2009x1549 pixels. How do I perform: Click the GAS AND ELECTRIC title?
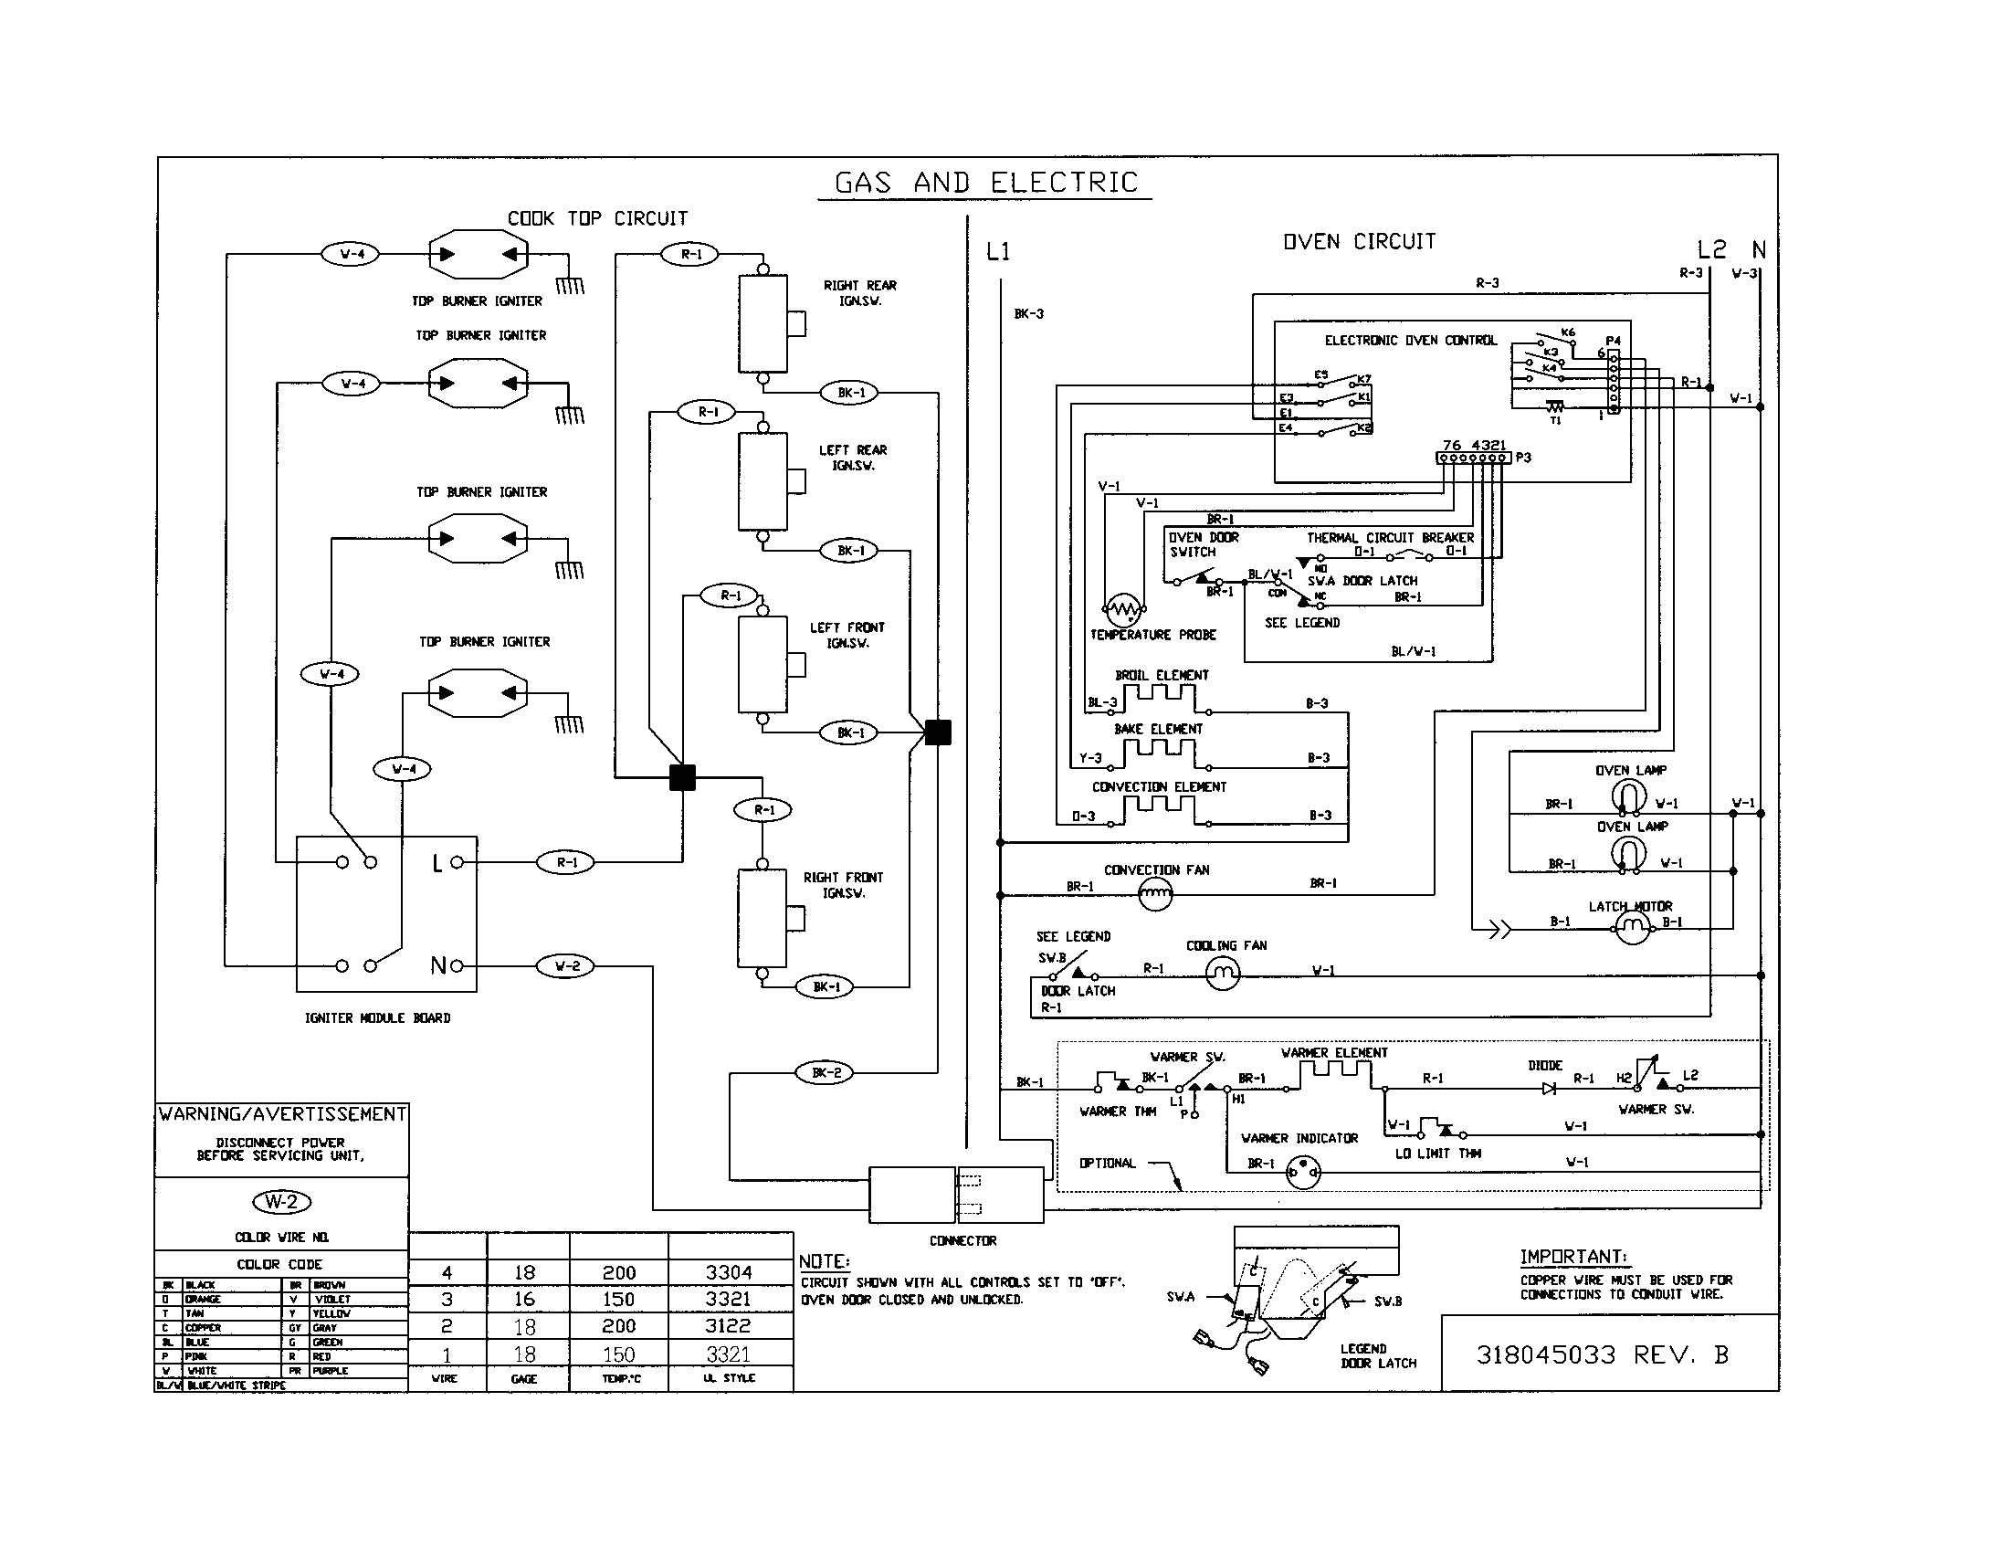(x=985, y=182)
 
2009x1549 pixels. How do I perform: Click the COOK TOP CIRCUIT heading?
(x=597, y=218)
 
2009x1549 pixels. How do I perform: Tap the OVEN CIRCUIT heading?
(x=1359, y=241)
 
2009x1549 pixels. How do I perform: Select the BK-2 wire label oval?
(x=826, y=1072)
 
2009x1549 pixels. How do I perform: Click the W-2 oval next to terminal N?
(x=567, y=965)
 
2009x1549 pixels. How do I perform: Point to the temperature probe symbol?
(x=1123, y=609)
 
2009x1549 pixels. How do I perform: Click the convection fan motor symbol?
(x=1155, y=893)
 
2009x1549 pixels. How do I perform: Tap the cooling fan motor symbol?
(x=1223, y=975)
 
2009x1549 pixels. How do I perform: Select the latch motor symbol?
(x=1632, y=929)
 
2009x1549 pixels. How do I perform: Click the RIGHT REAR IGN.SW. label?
(x=859, y=292)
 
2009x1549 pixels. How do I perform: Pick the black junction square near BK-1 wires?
(x=937, y=732)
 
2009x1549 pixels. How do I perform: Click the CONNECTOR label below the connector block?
(x=962, y=1240)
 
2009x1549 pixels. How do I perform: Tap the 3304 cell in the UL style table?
(x=729, y=1272)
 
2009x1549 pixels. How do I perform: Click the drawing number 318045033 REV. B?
(x=1602, y=1354)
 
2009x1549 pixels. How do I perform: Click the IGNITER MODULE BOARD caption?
(x=377, y=1017)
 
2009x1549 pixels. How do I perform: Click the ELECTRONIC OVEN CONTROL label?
(x=1410, y=340)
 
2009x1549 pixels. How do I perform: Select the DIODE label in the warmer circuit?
(x=1544, y=1064)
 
